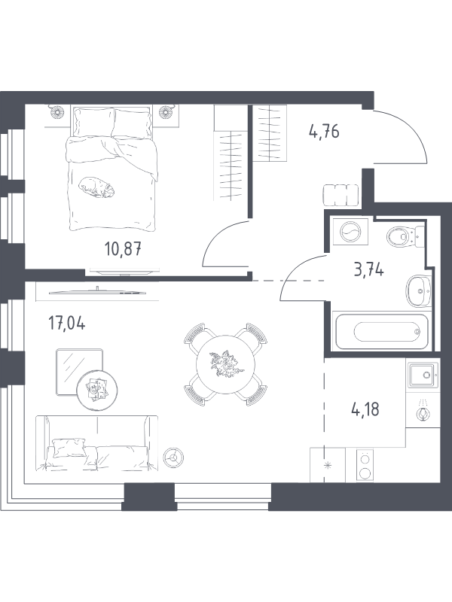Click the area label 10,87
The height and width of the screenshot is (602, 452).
point(123,250)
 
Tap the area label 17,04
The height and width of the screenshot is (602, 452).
point(66,323)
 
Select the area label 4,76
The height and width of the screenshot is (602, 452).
point(324,132)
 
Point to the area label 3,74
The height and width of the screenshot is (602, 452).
point(368,270)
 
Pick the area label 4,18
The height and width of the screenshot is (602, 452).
point(365,409)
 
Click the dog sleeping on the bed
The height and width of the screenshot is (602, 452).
point(97,187)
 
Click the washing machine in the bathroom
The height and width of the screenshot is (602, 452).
point(350,231)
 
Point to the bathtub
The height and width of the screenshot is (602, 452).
point(380,332)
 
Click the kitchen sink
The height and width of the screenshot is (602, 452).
point(422,375)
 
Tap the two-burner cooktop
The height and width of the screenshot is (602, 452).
point(365,466)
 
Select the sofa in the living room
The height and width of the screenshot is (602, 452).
point(96,443)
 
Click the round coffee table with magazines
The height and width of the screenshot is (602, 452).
point(97,391)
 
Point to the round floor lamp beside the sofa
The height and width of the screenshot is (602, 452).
point(173,458)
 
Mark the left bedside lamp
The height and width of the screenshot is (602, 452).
point(58,111)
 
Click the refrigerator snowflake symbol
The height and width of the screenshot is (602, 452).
point(328,467)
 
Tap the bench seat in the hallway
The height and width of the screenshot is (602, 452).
point(341,196)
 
